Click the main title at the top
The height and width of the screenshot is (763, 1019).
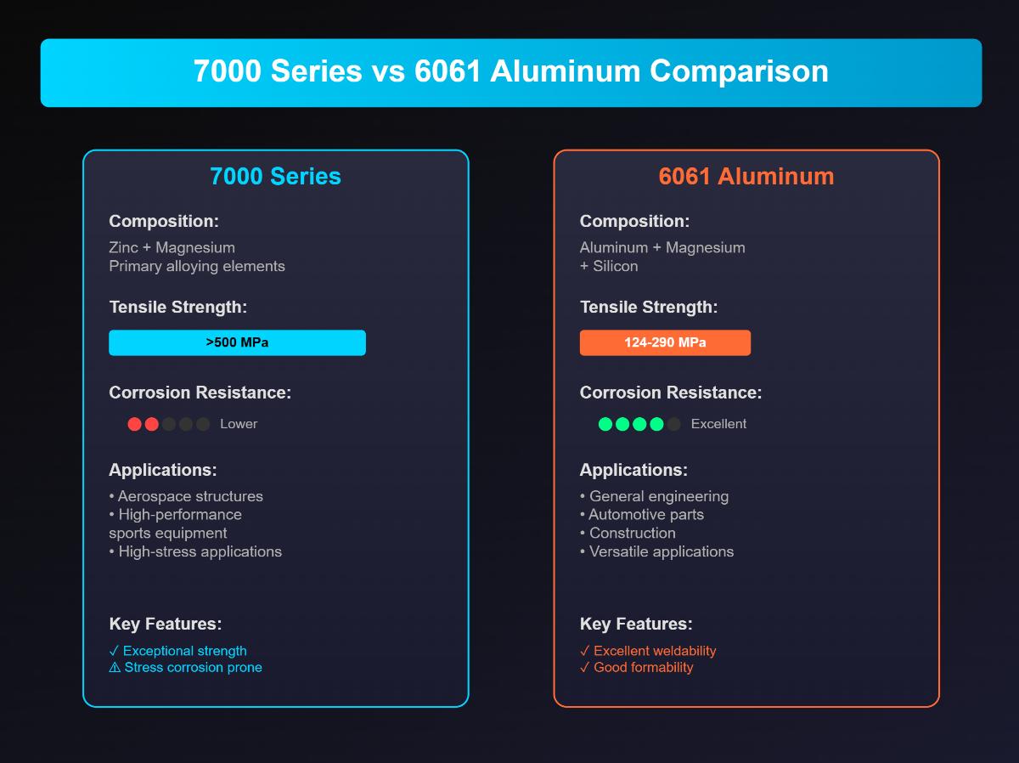(x=510, y=71)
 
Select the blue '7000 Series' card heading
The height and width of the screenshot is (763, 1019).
(x=275, y=176)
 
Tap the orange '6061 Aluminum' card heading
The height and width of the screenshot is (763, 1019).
(x=746, y=176)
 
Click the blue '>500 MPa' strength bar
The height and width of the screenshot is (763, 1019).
(x=237, y=342)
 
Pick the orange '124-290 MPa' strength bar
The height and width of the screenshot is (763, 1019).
(x=665, y=342)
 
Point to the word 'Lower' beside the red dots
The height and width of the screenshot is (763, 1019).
(x=239, y=424)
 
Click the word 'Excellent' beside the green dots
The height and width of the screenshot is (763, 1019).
(x=718, y=424)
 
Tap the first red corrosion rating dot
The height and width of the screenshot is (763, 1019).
(x=134, y=424)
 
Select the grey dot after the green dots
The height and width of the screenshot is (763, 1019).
(x=673, y=424)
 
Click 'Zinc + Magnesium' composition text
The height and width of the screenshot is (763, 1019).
(x=172, y=247)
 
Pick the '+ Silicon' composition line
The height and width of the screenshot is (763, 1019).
(x=609, y=266)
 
